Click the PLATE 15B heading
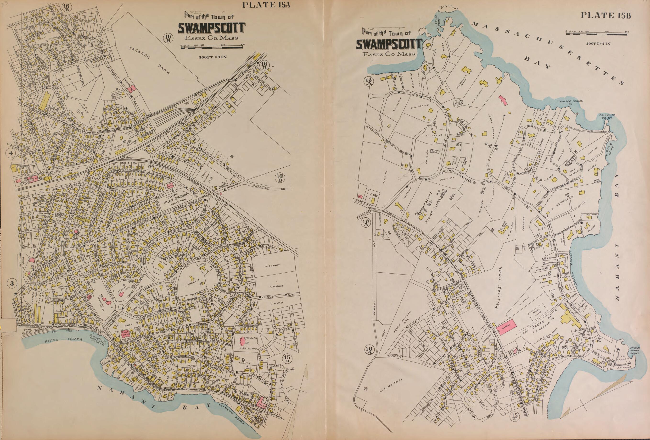(606, 15)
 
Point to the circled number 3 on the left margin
(12, 283)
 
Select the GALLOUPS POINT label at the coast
(605, 116)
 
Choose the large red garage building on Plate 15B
(507, 326)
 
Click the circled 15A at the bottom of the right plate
(514, 424)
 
